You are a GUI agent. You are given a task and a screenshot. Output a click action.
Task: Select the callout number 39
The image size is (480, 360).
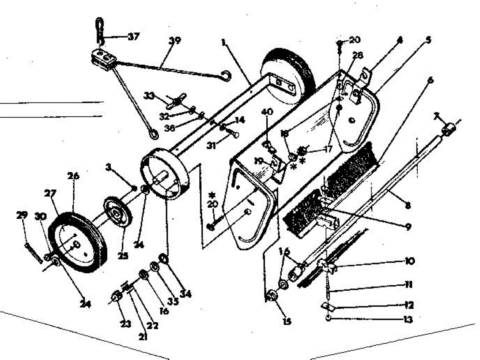pyautogui.click(x=175, y=40)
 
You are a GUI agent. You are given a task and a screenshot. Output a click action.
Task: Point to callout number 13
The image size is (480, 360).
pyautogui.click(x=408, y=320)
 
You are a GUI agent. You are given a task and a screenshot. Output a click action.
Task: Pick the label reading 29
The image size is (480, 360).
pyautogui.click(x=22, y=215)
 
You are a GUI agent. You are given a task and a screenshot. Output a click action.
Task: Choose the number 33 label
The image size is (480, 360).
pyautogui.click(x=149, y=96)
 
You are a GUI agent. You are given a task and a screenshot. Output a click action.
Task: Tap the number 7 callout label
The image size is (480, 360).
pyautogui.click(x=436, y=116)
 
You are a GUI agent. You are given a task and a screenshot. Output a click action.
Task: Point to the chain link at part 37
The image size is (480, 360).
pyautogui.click(x=99, y=30)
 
